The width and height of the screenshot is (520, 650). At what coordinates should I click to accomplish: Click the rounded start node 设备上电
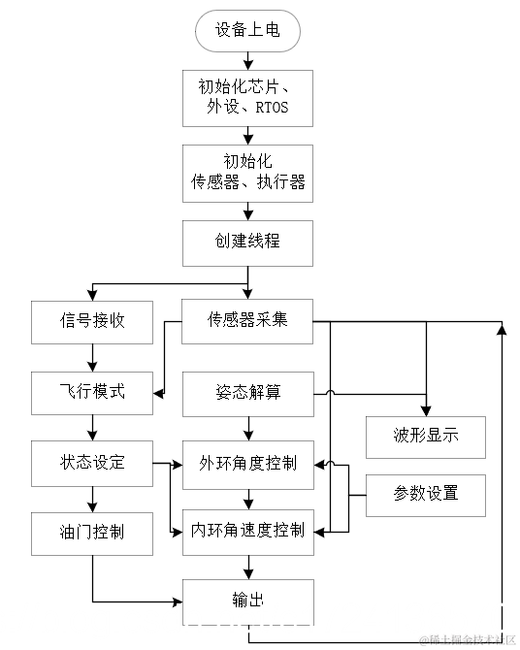pyautogui.click(x=247, y=31)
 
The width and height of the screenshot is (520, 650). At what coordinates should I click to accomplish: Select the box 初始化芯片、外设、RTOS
pyautogui.click(x=247, y=98)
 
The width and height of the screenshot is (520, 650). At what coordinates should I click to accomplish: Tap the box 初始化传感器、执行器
pyautogui.click(x=247, y=172)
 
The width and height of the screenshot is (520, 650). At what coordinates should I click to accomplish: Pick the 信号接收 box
pyautogui.click(x=92, y=320)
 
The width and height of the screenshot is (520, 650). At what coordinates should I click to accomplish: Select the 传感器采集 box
pyautogui.click(x=247, y=320)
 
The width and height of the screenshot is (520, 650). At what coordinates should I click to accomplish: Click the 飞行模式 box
pyautogui.click(x=92, y=393)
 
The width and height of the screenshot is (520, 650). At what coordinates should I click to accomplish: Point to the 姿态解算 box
pyautogui.click(x=247, y=393)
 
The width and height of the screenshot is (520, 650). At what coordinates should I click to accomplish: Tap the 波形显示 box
pyautogui.click(x=425, y=437)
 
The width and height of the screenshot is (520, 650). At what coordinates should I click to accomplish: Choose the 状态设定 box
pyautogui.click(x=92, y=462)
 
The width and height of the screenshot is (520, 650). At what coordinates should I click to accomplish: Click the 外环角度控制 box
pyautogui.click(x=247, y=462)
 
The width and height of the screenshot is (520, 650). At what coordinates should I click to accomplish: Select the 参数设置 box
pyautogui.click(x=425, y=493)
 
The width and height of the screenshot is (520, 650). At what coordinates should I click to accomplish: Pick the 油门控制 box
pyautogui.click(x=92, y=533)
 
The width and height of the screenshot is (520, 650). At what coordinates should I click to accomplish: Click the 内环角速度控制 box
pyautogui.click(x=247, y=531)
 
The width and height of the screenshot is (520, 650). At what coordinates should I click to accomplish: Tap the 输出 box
pyautogui.click(x=247, y=601)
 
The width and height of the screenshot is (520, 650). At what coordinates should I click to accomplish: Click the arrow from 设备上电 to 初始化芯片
pyautogui.click(x=247, y=61)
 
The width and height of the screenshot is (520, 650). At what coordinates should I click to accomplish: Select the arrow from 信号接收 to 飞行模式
pyautogui.click(x=92, y=357)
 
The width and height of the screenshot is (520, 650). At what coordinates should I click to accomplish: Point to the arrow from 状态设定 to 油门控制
pyautogui.click(x=92, y=498)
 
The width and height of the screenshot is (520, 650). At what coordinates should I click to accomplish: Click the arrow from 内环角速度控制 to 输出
pyautogui.click(x=247, y=567)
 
